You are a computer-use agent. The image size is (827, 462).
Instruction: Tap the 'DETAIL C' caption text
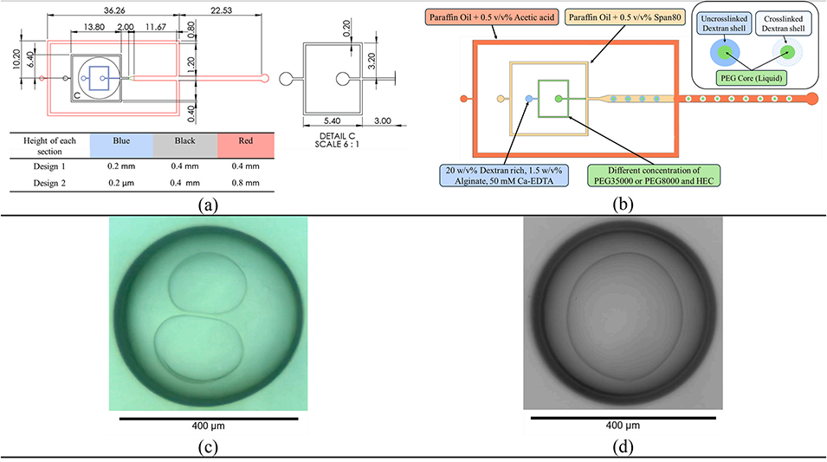[332, 134]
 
